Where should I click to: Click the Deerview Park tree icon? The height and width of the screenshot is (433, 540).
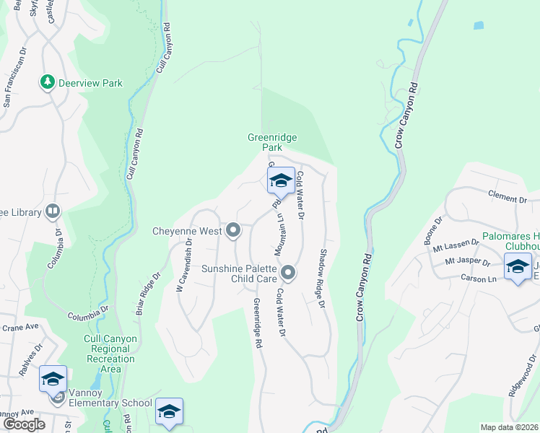click(48, 82)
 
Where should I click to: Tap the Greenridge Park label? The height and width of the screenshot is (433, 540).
click(272, 142)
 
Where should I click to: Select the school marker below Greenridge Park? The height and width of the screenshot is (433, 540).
click(281, 181)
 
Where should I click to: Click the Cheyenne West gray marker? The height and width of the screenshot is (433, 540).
click(233, 230)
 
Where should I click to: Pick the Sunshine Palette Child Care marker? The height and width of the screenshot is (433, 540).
click(288, 272)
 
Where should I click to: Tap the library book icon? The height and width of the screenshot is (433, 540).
click(53, 211)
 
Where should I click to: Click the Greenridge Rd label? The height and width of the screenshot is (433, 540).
click(256, 323)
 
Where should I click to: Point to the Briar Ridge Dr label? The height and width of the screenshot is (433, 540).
click(147, 294)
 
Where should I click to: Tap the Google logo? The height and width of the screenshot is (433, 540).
click(24, 424)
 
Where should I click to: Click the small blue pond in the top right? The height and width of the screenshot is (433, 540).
click(479, 25)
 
